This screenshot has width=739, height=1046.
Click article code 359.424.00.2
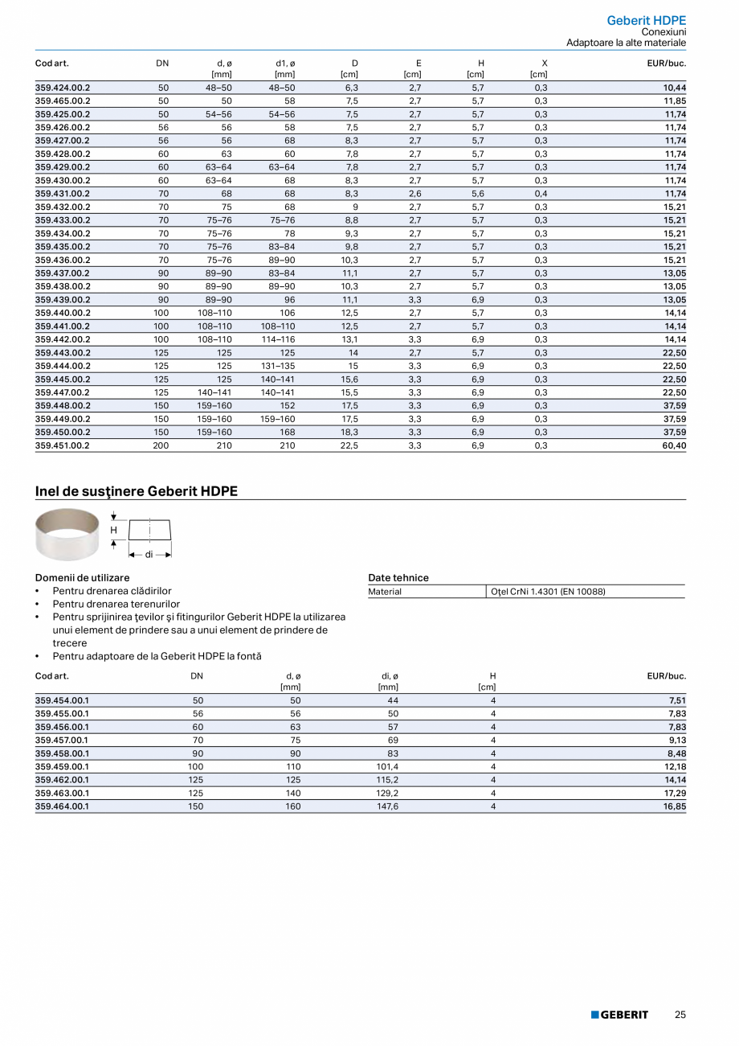(63, 88)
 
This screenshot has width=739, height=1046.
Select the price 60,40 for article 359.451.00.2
(674, 445)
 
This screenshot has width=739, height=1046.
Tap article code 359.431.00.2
(63, 194)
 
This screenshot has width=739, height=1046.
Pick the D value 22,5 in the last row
(349, 445)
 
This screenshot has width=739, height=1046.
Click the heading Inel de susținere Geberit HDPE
(137, 490)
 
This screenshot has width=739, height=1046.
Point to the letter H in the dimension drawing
(113, 531)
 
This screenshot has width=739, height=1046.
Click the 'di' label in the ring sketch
(149, 555)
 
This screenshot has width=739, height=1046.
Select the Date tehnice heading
(398, 577)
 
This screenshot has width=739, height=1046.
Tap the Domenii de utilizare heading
(82, 577)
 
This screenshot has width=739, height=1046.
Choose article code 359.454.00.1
(63, 700)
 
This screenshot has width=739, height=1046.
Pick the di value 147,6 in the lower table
(388, 806)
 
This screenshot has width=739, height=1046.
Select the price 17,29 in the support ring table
(674, 793)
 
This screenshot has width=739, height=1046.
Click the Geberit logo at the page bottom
(619, 1015)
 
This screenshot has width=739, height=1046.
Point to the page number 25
(680, 1015)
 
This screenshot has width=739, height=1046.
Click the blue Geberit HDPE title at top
(646, 20)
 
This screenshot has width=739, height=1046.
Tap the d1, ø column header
(285, 63)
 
